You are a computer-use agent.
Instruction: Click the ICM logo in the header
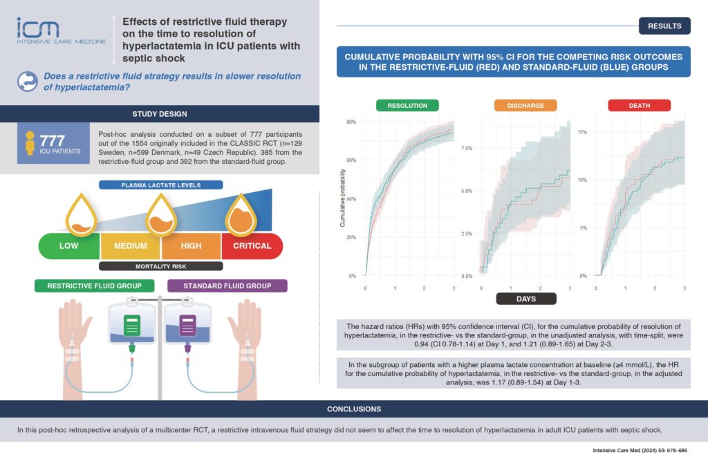tap(62, 31)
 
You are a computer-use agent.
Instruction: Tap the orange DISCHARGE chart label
tap(519, 106)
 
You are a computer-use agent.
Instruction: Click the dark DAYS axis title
tap(525, 299)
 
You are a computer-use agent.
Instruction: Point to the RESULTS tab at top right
tap(664, 26)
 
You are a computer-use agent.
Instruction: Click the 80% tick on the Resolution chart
tap(351, 122)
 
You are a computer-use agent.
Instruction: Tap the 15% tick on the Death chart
tap(581, 131)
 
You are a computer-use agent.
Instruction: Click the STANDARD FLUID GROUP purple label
tap(227, 285)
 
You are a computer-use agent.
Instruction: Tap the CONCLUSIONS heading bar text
tap(353, 409)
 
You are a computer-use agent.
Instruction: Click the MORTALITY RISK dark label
tap(160, 265)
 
